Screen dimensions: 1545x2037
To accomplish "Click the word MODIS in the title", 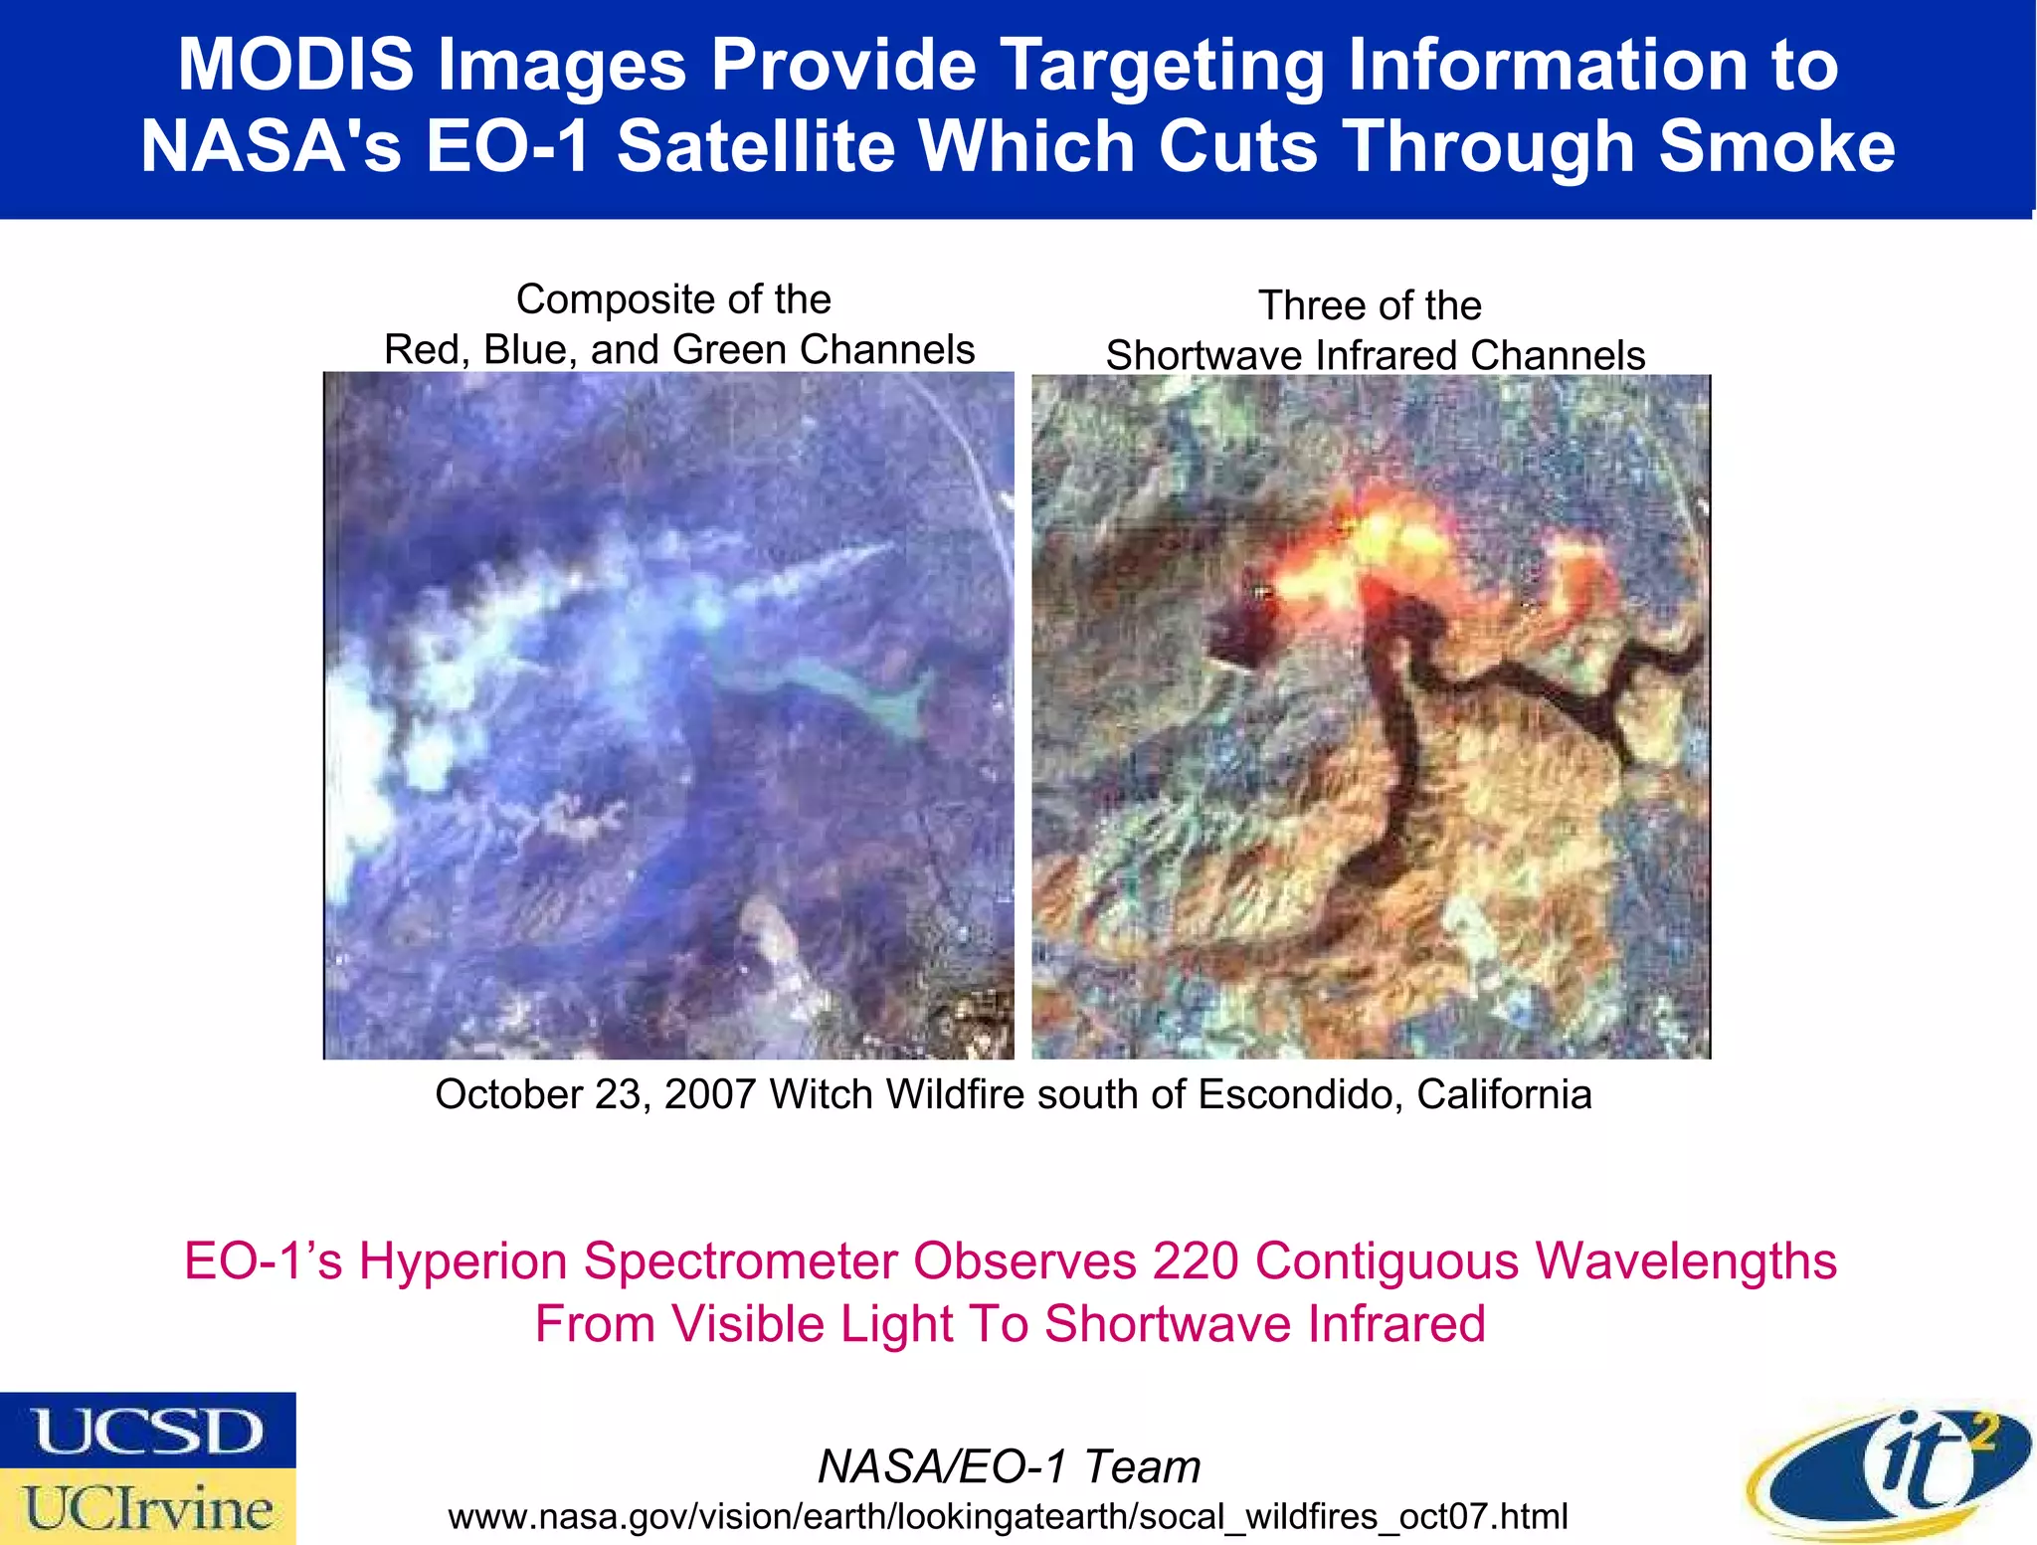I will [x=295, y=65].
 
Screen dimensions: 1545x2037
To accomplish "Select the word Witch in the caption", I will [x=822, y=1094].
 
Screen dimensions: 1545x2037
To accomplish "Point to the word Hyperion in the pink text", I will [x=463, y=1260].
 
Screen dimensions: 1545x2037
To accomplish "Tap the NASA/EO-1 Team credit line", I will [x=1009, y=1466].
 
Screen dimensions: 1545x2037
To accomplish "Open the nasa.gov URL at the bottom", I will [x=1008, y=1516].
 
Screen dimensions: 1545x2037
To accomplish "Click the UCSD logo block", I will [x=147, y=1430].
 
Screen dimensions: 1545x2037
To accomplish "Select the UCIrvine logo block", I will [x=147, y=1507].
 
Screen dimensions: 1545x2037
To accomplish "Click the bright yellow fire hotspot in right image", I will [x=1392, y=542].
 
